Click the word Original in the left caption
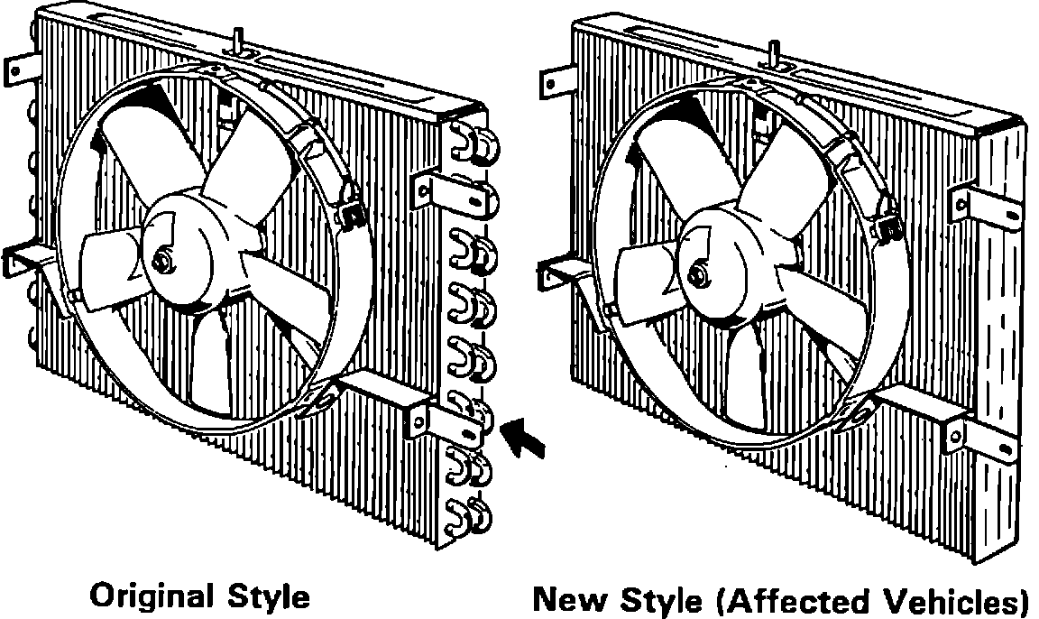click(x=148, y=596)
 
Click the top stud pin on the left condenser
click(x=239, y=39)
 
